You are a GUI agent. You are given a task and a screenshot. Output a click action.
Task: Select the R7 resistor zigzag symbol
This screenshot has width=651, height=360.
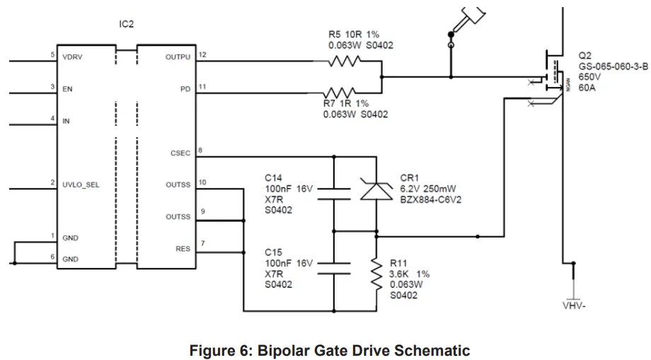pos(340,93)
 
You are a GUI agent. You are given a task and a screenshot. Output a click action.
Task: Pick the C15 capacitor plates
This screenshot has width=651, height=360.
pos(333,267)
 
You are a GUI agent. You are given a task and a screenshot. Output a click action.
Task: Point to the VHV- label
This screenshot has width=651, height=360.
pos(574,306)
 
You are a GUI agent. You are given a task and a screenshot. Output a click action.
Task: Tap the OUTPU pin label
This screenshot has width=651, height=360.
pos(178,57)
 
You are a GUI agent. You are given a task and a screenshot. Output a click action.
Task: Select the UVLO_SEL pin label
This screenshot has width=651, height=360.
pos(81,185)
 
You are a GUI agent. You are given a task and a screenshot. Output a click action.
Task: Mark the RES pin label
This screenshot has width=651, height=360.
pos(183,248)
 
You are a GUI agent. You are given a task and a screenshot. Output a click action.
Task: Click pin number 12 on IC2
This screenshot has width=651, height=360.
pos(202,54)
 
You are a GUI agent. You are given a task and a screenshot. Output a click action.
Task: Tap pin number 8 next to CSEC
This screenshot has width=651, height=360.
pos(200,150)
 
